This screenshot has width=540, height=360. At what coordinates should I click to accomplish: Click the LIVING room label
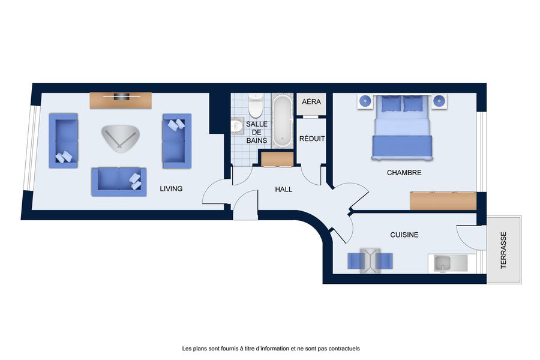point(171,188)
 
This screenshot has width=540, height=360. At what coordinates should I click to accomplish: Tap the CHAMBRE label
point(404,173)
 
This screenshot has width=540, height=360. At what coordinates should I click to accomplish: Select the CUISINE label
point(404,235)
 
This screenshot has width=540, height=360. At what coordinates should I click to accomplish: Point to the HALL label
point(283,189)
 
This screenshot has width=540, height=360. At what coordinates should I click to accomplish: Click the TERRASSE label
point(503,250)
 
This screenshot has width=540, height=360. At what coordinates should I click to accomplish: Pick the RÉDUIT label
point(312,139)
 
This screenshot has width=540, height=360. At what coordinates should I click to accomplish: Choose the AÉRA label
point(311,101)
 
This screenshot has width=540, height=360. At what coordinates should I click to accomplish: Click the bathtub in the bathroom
point(283,121)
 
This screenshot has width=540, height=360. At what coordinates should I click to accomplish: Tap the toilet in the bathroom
point(255,106)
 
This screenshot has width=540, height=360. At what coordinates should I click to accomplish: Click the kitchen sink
point(442,263)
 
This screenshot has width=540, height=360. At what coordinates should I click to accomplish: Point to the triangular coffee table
point(120,138)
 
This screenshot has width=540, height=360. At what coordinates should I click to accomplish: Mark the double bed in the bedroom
point(401,127)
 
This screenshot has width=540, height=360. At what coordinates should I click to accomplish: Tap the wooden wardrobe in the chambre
point(443,201)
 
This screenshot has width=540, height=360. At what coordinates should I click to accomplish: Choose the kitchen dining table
point(370,261)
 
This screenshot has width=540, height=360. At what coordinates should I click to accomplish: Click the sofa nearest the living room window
point(64,140)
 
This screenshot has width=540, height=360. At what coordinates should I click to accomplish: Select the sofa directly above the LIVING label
point(119,182)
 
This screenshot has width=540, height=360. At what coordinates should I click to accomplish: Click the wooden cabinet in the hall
point(277,159)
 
